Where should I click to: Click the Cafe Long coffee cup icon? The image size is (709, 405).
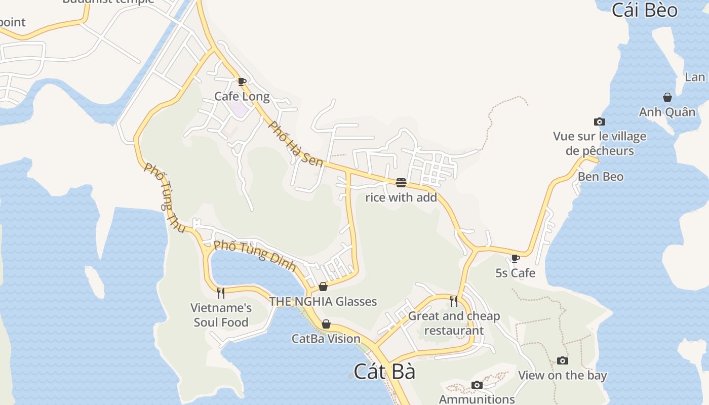[x=242, y=82]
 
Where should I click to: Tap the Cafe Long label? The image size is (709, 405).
[x=242, y=96]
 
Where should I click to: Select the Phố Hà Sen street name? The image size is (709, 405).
[x=295, y=144]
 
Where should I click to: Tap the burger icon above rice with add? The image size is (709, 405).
[x=401, y=182]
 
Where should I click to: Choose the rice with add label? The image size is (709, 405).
[x=401, y=197]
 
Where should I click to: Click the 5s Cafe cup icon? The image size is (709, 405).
[x=516, y=258]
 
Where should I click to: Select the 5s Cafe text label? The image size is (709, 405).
[x=515, y=273]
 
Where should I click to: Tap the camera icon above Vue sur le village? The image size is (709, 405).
[x=600, y=121]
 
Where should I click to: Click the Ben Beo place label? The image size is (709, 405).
[x=601, y=177]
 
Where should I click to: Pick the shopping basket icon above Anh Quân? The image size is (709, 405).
[x=667, y=97]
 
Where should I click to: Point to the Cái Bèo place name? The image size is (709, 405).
[x=644, y=10]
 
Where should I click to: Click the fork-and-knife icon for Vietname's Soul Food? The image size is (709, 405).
[x=221, y=293]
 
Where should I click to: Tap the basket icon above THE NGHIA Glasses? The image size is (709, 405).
[x=323, y=287]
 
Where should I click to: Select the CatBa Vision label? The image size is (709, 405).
[x=326, y=339]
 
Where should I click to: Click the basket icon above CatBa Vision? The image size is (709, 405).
[x=326, y=324]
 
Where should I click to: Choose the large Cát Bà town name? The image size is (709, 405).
[x=384, y=372]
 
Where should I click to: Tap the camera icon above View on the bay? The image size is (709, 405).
[x=563, y=360]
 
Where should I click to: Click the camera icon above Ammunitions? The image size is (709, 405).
[x=477, y=385]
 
